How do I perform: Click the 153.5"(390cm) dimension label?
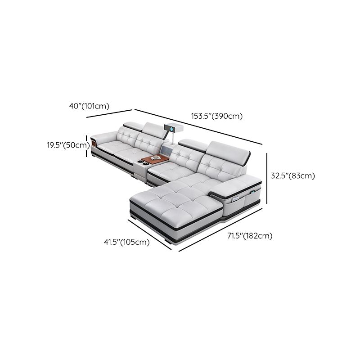tap(217, 116)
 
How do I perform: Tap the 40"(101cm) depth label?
tap(90, 106)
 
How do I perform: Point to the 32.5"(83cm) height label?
tap(292, 176)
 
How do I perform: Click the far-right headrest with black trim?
tap(229, 150)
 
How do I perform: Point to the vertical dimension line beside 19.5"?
tap(87, 145)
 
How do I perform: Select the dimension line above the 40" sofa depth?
tap(110, 113)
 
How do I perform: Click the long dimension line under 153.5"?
tap(198, 127)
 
